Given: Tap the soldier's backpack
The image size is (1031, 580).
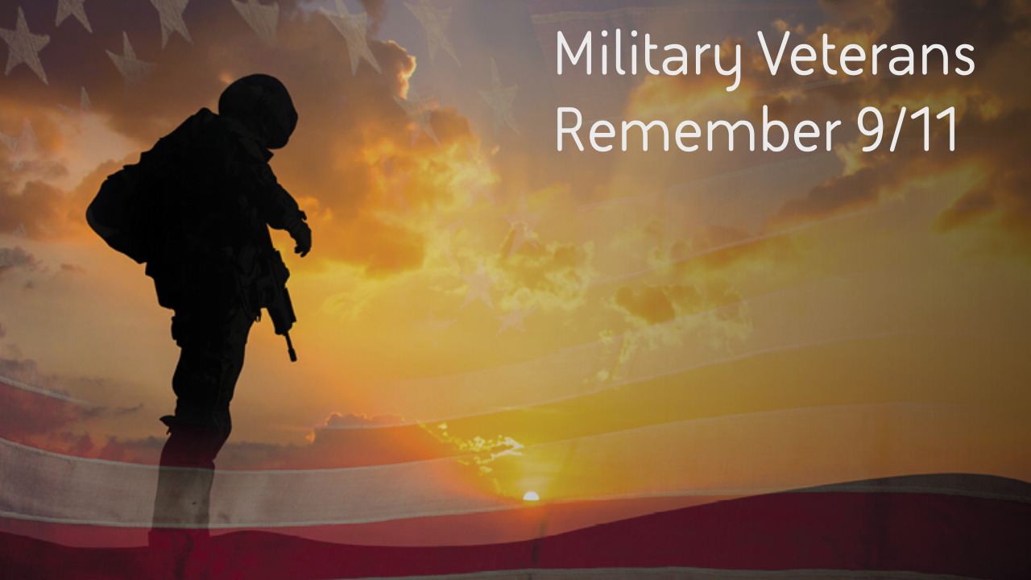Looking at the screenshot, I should point(121,213).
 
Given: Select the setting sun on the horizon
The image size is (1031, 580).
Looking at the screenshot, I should point(531,496).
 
